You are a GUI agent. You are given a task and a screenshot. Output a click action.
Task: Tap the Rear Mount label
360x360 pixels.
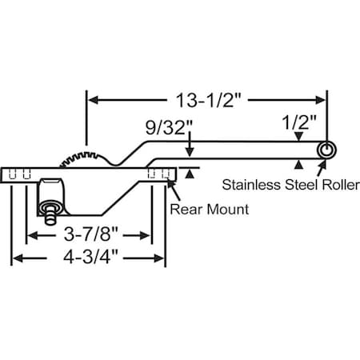[210, 210]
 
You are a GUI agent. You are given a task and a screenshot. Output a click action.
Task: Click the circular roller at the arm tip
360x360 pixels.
[326, 150]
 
